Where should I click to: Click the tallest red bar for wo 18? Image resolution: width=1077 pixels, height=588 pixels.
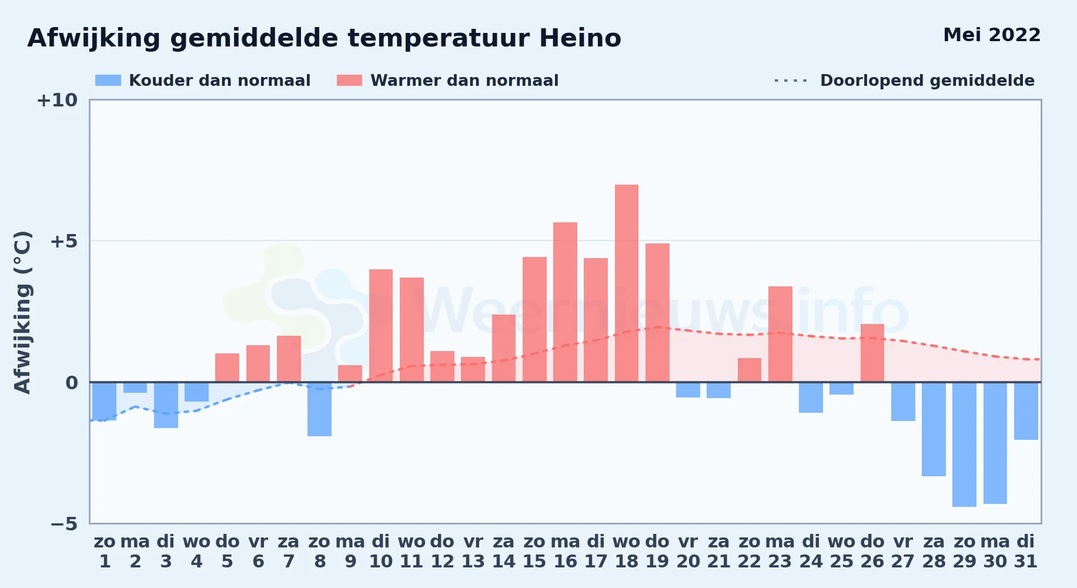click(x=627, y=283)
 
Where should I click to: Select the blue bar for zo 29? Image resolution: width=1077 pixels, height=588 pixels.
click(x=964, y=445)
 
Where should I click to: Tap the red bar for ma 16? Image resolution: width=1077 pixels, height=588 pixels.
click(x=565, y=302)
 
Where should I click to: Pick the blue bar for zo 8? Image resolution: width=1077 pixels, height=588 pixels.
click(x=319, y=409)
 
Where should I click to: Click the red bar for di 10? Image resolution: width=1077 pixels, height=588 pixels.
click(x=381, y=326)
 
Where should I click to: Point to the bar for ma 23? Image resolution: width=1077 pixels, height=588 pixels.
click(x=780, y=334)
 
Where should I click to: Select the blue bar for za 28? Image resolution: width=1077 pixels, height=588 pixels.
click(x=934, y=429)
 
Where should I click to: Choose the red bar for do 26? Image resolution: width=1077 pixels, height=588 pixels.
click(x=872, y=353)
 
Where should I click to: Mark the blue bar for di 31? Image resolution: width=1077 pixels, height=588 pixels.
click(x=1026, y=411)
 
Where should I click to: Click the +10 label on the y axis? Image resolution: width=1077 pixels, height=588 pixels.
click(x=57, y=101)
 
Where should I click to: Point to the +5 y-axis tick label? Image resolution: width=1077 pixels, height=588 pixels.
click(x=63, y=241)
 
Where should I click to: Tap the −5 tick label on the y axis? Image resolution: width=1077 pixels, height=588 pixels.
click(x=63, y=524)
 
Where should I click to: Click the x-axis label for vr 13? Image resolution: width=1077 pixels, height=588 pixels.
click(x=473, y=552)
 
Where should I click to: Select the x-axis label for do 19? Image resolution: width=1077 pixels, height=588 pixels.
click(x=657, y=552)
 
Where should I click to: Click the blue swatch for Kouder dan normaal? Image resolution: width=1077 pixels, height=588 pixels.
click(x=108, y=81)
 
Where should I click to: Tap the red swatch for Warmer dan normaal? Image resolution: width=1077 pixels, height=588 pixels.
click(x=349, y=81)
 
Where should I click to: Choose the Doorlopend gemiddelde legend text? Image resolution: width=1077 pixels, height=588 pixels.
click(x=927, y=81)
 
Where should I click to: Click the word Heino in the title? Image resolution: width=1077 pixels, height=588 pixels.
click(x=580, y=38)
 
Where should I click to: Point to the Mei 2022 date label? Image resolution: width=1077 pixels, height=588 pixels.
click(x=992, y=35)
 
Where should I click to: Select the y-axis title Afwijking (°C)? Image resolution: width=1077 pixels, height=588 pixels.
click(x=22, y=312)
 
